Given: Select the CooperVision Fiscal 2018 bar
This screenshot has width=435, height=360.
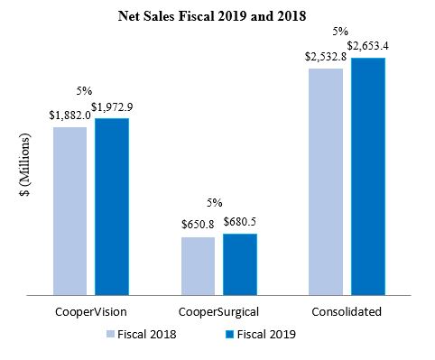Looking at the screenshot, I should pyautogui.click(x=69, y=209).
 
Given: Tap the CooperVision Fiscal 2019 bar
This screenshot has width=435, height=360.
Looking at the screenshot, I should pyautogui.click(x=112, y=206).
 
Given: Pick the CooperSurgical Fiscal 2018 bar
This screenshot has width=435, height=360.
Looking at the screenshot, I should pyautogui.click(x=198, y=265).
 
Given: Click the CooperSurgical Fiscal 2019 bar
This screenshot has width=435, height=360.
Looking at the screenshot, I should pyautogui.click(x=240, y=263).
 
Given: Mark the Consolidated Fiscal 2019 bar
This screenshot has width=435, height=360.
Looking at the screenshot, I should pyautogui.click(x=368, y=176).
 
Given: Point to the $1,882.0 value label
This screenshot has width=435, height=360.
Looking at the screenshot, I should pyautogui.click(x=68, y=116).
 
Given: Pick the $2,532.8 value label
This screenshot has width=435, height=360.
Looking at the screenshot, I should pyautogui.click(x=324, y=59).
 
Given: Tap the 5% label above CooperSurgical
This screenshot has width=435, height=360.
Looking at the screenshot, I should pyautogui.click(x=215, y=201).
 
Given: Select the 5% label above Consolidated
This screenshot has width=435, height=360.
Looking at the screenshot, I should pyautogui.click(x=342, y=30).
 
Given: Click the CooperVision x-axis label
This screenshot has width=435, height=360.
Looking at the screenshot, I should pyautogui.click(x=89, y=312).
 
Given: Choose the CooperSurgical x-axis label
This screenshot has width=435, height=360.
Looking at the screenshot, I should pyautogui.click(x=218, y=312).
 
